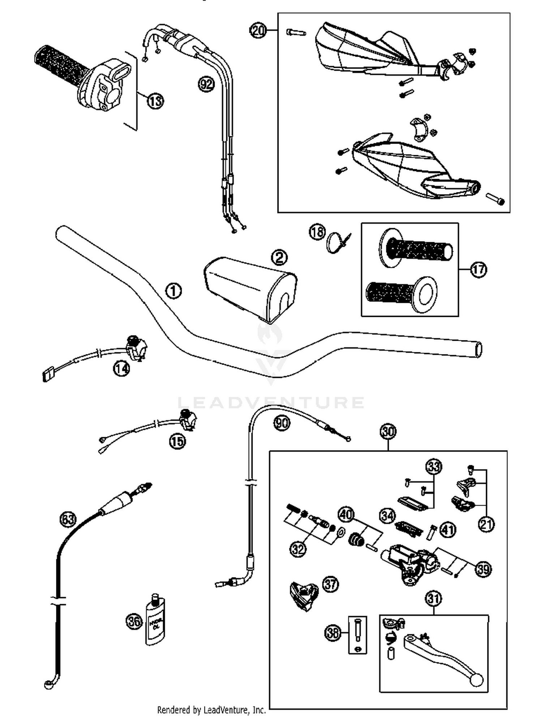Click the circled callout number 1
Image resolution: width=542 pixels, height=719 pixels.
click(x=173, y=291)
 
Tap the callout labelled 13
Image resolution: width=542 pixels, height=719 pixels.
click(x=155, y=101)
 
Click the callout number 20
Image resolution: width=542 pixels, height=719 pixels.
click(x=258, y=30)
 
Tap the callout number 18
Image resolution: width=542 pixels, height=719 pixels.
click(x=317, y=232)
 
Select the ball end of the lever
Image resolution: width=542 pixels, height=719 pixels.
click(x=476, y=680)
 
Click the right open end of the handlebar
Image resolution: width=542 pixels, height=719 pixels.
click(x=478, y=350)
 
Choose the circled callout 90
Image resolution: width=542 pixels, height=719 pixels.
click(x=281, y=422)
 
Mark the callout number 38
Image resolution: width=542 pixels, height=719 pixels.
click(x=333, y=633)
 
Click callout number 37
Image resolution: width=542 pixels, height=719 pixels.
click(x=330, y=584)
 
